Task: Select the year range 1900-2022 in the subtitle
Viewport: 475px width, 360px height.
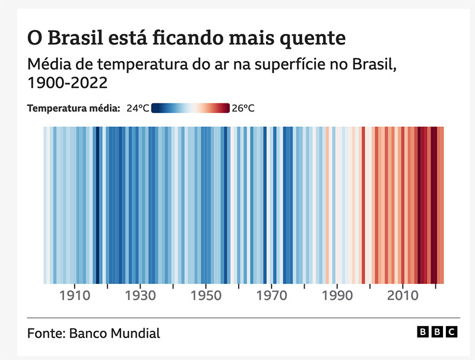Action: pyautogui.click(x=67, y=83)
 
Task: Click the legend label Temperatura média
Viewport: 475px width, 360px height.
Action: pyautogui.click(x=74, y=108)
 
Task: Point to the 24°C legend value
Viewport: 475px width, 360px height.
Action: pyautogui.click(x=137, y=108)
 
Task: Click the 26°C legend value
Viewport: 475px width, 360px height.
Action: pyautogui.click(x=243, y=108)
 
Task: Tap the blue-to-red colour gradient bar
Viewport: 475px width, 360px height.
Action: pyautogui.click(x=190, y=108)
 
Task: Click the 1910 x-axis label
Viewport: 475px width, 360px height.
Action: pyautogui.click(x=75, y=295)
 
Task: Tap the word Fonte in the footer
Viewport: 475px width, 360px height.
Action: pyautogui.click(x=46, y=333)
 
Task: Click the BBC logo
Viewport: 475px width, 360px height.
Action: pyautogui.click(x=436, y=333)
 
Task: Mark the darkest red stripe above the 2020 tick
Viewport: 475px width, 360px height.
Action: pyautogui.click(x=434, y=205)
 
